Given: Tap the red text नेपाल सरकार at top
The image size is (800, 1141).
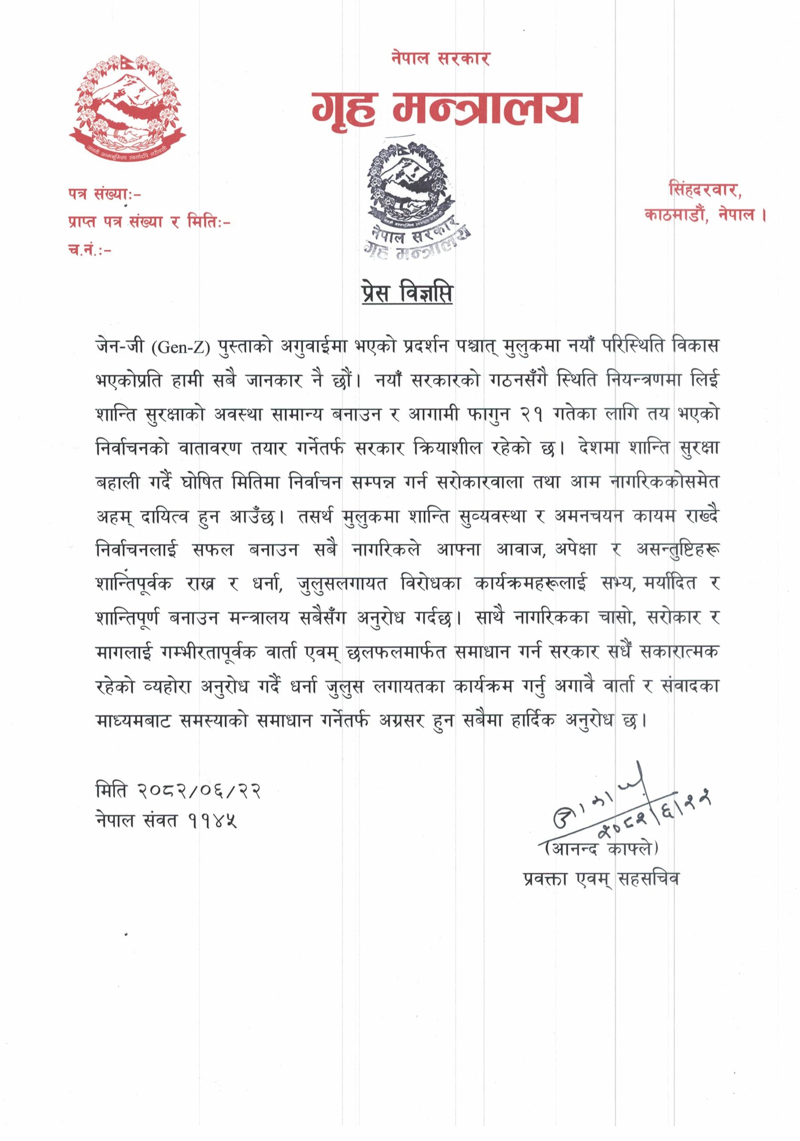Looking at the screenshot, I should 440,59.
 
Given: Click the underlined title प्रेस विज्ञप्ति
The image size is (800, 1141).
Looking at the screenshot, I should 405,295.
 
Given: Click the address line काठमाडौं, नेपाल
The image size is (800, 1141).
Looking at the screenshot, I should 705,215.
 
